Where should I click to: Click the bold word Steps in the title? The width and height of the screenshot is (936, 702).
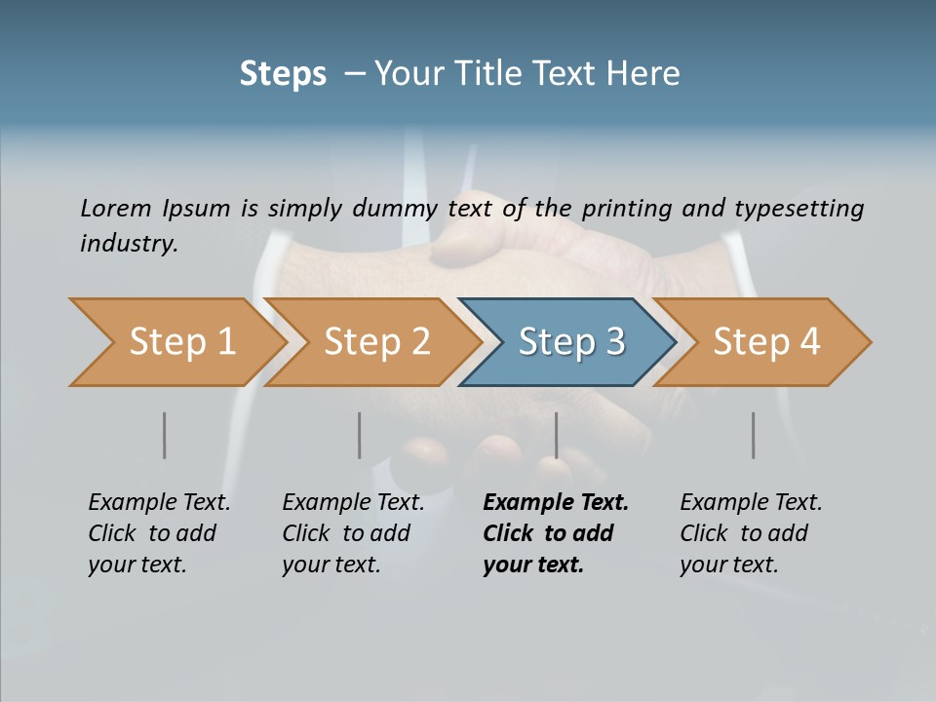pyautogui.click(x=283, y=74)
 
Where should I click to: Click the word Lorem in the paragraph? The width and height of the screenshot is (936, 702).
pyautogui.click(x=115, y=208)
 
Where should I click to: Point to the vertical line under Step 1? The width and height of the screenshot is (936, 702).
pyautogui.click(x=164, y=435)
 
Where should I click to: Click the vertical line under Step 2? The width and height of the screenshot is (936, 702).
pyautogui.click(x=359, y=435)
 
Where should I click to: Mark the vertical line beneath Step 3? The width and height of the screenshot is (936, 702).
pyautogui.click(x=556, y=435)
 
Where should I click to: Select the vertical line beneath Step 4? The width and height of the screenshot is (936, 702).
pyautogui.click(x=753, y=435)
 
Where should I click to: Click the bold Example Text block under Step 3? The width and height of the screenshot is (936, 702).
pyautogui.click(x=556, y=533)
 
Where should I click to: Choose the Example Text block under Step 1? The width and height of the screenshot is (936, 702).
pyautogui.click(x=159, y=533)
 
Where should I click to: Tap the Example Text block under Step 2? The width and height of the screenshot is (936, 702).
pyautogui.click(x=353, y=533)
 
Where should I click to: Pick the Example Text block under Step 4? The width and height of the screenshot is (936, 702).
pyautogui.click(x=751, y=533)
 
